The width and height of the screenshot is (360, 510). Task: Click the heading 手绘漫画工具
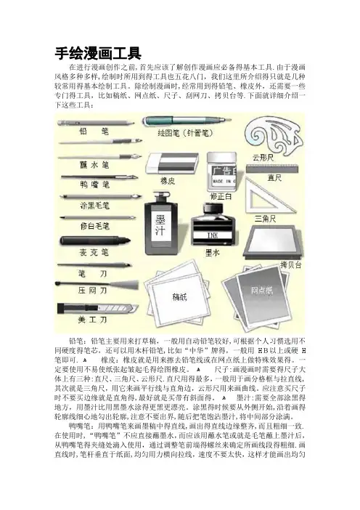click(x=98, y=53)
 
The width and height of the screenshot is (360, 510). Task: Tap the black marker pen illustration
click(x=95, y=241)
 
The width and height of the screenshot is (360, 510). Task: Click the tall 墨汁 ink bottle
click(x=161, y=224)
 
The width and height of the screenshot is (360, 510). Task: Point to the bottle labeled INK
click(x=213, y=225)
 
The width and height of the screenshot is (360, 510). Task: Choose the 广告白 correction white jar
click(x=221, y=172)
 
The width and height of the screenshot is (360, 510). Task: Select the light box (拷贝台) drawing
click(x=273, y=243)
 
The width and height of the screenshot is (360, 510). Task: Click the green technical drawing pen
click(x=187, y=121)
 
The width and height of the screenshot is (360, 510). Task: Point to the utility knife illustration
click(x=97, y=308)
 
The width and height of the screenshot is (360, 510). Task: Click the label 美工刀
click(x=92, y=320)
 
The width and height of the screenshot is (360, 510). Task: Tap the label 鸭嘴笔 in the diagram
click(x=94, y=185)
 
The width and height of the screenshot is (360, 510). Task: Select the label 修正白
click(x=221, y=197)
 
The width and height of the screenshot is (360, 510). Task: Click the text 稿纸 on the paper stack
click(x=179, y=296)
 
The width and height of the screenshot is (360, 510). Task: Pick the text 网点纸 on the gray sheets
click(x=262, y=290)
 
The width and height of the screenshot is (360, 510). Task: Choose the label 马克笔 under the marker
click(x=94, y=252)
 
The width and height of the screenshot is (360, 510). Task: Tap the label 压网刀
click(x=92, y=291)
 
